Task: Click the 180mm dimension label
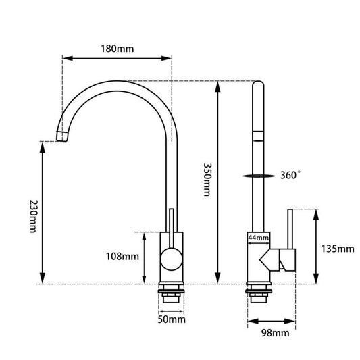pyautogui.click(x=117, y=49)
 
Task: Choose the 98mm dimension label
pyautogui.click(x=276, y=332)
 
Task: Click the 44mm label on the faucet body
pyautogui.click(x=259, y=238)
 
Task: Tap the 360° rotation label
pyautogui.click(x=290, y=175)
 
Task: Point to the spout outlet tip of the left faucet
pyautogui.click(x=62, y=137)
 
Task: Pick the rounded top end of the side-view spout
pyautogui.click(x=259, y=84)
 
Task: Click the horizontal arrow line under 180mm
pyautogui.click(x=117, y=59)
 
